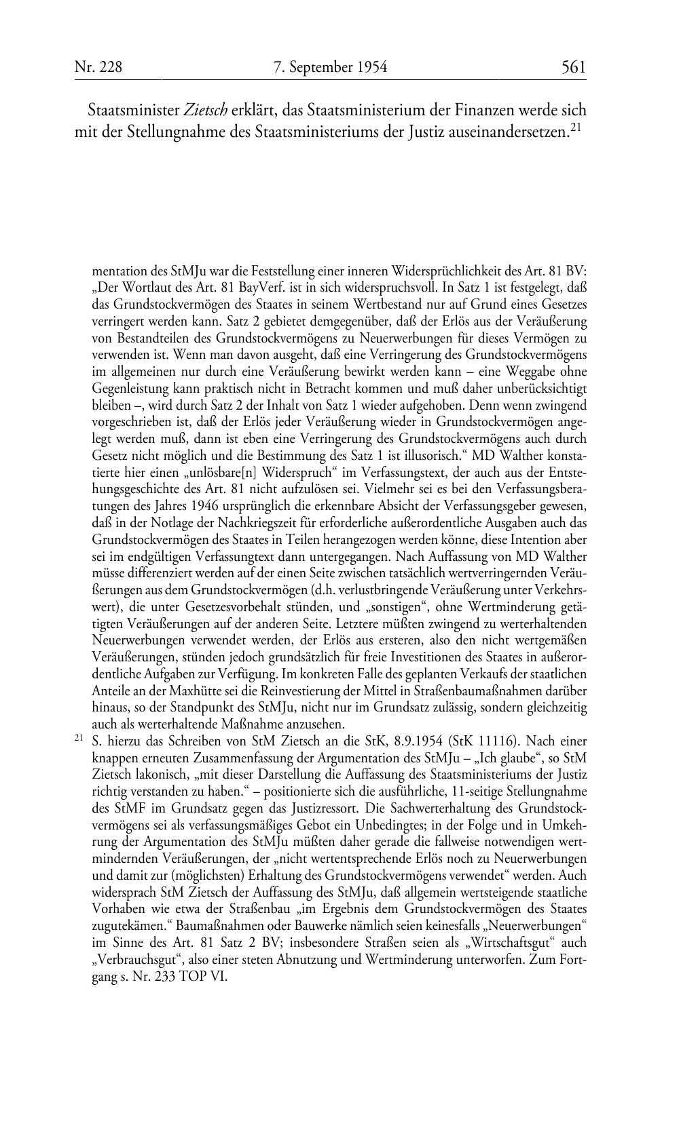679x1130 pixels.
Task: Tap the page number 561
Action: pyautogui.click(x=574, y=66)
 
